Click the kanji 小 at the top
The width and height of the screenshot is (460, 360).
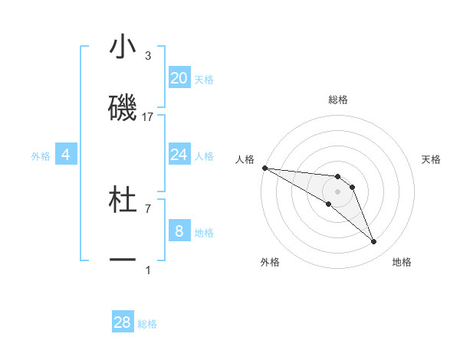coord(123,47)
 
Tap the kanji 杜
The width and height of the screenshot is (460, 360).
coord(123,201)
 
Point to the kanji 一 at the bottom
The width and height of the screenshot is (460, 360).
coord(123,260)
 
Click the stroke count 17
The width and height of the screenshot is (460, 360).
coord(148,117)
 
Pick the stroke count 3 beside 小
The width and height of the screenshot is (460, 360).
coord(148,56)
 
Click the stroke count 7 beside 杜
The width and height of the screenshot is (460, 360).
coord(148,208)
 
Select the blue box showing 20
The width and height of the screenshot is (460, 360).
coord(179,78)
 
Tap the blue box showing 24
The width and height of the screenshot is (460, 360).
coord(179,155)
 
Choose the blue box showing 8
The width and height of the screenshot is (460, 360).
coord(179,231)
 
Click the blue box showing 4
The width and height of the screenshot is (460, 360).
coord(66,155)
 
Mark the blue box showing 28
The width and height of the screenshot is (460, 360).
coord(123,322)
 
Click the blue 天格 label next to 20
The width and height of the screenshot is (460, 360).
coord(204,80)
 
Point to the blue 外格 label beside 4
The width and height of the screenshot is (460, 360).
coord(41,156)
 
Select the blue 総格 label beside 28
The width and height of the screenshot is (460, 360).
coord(147,324)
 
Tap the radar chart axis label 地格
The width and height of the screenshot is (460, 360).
coord(402,262)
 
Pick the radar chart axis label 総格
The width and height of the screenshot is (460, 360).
coord(337,100)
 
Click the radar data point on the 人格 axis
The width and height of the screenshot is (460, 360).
coord(264,168)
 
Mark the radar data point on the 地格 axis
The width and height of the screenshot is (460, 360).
coord(373,242)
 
